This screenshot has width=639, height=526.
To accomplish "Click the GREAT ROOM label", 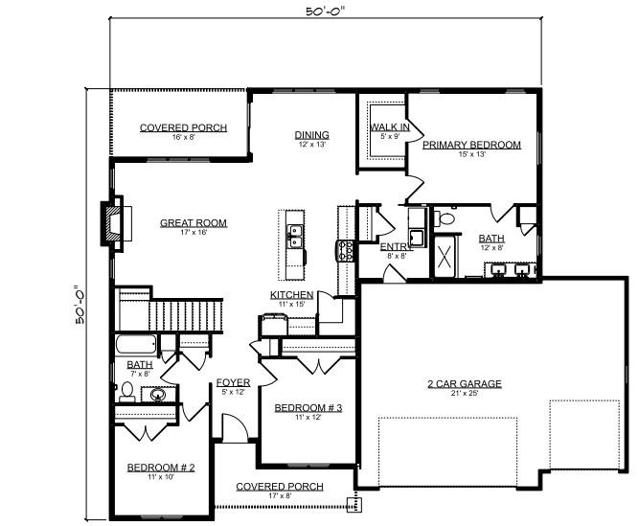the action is [x=194, y=223].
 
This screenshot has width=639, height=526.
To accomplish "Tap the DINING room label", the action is [x=311, y=135].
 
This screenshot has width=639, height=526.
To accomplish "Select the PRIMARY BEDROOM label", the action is [x=471, y=145].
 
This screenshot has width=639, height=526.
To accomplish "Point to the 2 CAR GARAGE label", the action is [x=465, y=383].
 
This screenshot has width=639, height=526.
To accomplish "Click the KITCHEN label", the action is [x=292, y=294].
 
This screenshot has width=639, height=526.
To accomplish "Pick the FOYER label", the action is [x=233, y=382].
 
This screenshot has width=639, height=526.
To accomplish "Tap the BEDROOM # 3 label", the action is [x=308, y=408].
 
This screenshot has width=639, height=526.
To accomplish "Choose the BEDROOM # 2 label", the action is [x=161, y=468].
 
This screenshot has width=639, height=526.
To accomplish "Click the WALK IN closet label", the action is [x=390, y=126].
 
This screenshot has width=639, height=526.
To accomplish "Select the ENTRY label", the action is [x=396, y=247].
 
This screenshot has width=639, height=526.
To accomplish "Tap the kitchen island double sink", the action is [x=295, y=237].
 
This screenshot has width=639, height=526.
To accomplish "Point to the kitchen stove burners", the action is [x=346, y=251].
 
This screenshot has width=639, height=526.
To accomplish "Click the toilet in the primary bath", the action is [x=445, y=218].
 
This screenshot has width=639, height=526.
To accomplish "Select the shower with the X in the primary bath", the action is [x=445, y=257].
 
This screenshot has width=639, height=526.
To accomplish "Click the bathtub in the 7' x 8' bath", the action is [x=136, y=345].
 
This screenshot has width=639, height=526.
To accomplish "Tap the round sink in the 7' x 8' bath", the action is [x=157, y=395].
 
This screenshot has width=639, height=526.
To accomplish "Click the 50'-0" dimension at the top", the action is [x=325, y=11].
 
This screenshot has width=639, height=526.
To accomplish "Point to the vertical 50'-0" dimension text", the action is [x=80, y=306].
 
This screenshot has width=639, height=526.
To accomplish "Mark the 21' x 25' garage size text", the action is [x=465, y=393].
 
